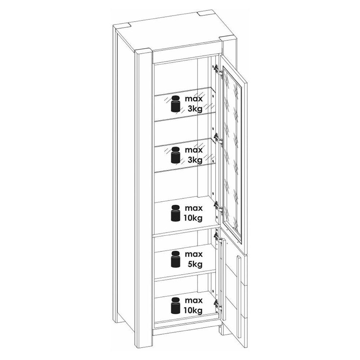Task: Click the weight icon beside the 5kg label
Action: coord(176,260)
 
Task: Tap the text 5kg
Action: coord(195,264)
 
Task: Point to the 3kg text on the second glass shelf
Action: coord(195,159)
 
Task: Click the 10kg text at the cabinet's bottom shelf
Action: coord(193,310)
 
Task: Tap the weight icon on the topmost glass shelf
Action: coord(176,104)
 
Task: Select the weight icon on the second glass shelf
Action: coord(176,155)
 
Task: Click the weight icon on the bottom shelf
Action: coord(176,306)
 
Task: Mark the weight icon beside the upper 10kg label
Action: coord(176,213)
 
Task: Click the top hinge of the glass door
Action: coord(218,70)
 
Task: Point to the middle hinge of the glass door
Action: coord(218,139)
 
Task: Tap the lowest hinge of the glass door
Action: coord(218,207)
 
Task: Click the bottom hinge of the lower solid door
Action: coord(218,305)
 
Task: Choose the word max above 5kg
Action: coord(194,255)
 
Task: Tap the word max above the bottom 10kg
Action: coord(194,300)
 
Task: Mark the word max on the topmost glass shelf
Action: coord(194,99)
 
